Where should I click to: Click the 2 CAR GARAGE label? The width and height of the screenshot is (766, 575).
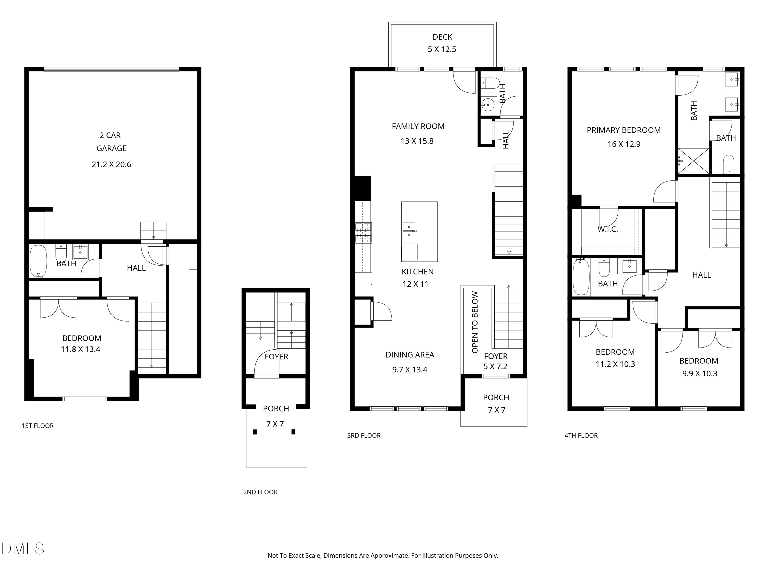point(111,142)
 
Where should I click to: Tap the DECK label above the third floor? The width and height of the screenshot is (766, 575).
point(442,37)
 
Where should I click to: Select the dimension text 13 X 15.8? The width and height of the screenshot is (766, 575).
point(417,141)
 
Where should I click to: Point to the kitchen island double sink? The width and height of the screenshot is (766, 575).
point(409,231)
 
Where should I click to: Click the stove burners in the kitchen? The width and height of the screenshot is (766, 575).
point(363,232)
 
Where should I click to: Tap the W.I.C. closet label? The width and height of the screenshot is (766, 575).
point(607,229)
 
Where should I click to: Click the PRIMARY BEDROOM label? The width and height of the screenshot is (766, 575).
point(624,130)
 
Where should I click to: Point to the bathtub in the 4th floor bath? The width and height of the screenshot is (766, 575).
point(581,276)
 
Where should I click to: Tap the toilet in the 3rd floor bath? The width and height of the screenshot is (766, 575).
point(490,83)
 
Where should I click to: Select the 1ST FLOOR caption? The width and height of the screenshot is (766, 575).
point(38,426)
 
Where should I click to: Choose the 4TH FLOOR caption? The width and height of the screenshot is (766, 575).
point(581,436)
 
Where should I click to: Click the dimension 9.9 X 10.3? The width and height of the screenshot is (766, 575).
point(700,374)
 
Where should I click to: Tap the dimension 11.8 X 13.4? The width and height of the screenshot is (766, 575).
point(81,349)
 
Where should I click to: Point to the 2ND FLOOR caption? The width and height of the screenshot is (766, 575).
point(260,492)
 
